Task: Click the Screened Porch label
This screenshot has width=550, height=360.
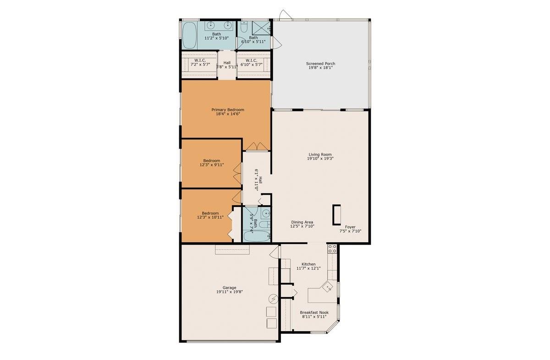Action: [x=320, y=64]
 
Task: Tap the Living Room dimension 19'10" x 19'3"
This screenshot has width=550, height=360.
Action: [x=320, y=158]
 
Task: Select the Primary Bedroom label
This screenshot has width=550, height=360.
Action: [x=228, y=109]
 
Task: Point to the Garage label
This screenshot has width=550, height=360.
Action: [x=229, y=288]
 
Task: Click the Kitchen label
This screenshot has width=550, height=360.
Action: [x=308, y=264]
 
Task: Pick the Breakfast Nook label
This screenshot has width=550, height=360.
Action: [x=314, y=312]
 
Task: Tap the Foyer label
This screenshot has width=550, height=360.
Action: [x=350, y=227]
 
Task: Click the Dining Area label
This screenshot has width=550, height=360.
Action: [x=302, y=222]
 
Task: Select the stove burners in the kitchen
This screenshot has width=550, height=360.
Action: [x=332, y=248]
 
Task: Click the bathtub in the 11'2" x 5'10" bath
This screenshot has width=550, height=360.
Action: [x=190, y=36]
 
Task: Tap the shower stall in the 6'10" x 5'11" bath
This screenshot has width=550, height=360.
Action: [x=261, y=28]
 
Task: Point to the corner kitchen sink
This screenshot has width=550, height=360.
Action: [x=327, y=287]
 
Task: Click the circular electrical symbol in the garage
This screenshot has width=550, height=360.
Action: [x=273, y=299]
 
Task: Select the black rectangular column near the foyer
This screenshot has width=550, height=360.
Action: [x=336, y=215]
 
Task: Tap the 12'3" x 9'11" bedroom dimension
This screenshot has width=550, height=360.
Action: [x=212, y=165]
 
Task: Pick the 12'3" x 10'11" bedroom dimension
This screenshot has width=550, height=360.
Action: [x=210, y=217]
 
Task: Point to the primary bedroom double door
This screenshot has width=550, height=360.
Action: [x=257, y=146]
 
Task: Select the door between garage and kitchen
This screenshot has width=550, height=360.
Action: [x=274, y=252]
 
